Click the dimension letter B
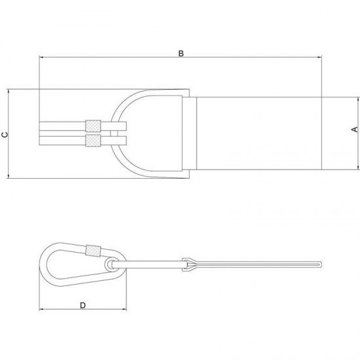click(181, 54)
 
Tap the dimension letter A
click(355, 130)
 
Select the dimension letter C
click(5, 135)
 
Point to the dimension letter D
click(82, 306)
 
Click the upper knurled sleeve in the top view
click(93, 126)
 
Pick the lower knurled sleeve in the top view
click(93, 141)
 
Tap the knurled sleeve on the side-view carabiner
click(93, 251)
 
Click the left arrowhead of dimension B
click(41, 57)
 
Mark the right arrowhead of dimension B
click(319, 57)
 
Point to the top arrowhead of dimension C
click(9, 91)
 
